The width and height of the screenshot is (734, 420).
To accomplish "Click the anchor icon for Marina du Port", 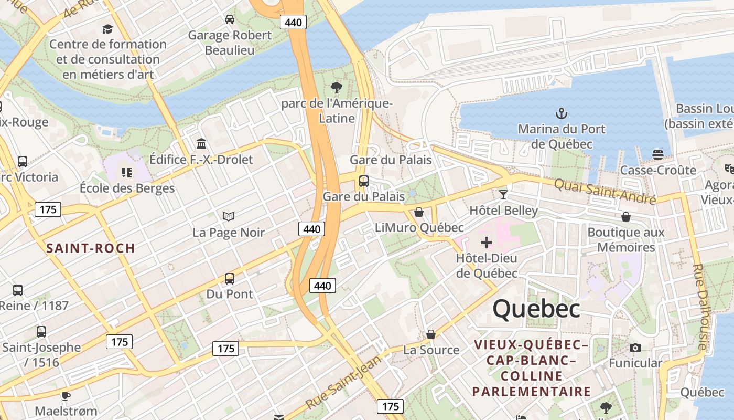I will (562, 113).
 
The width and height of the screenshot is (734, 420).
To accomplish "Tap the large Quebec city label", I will (536, 309).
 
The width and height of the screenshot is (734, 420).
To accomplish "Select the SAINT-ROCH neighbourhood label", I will (91, 248).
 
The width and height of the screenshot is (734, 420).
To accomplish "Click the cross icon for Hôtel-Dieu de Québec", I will (487, 243).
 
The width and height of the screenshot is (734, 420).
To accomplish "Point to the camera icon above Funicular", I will (635, 348).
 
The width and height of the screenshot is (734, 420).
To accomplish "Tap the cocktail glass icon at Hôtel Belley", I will (503, 195).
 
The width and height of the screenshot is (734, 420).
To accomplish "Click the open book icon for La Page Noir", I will (229, 216).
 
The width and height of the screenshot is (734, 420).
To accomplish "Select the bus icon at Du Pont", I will (230, 278).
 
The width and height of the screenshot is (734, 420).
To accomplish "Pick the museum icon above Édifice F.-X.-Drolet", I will (201, 143).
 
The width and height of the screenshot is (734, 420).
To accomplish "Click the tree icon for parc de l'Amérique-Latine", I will (337, 88).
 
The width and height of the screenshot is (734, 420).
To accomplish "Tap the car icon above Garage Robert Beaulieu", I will (230, 19).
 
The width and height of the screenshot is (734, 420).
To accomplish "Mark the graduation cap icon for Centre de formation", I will (107, 29).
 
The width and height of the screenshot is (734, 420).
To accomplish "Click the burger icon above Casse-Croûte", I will (658, 154).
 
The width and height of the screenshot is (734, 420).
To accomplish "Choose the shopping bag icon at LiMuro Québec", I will (419, 212).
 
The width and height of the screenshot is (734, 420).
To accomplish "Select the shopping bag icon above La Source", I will (431, 334).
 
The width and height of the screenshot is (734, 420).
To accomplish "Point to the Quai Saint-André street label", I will (605, 191).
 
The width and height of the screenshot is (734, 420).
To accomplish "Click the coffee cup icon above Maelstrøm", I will (66, 395).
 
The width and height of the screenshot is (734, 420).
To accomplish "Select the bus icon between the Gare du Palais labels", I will (364, 181).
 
